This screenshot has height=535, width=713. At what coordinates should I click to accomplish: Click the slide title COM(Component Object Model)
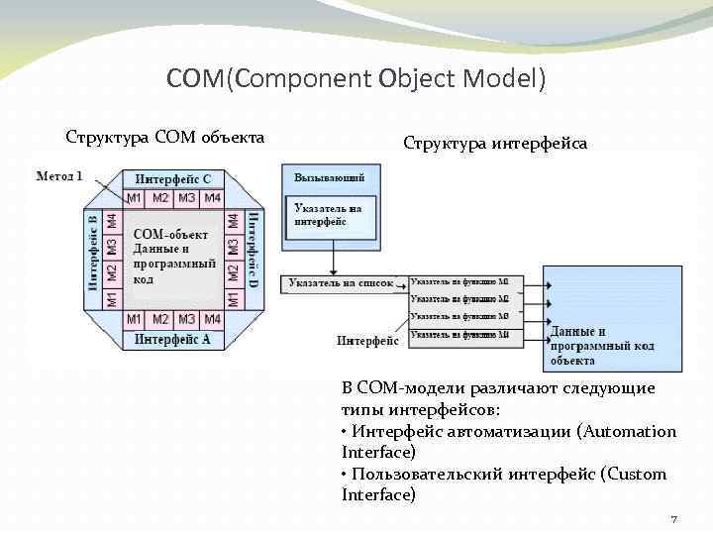[x=356, y=78]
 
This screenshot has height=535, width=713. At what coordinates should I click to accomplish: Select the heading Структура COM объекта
[x=164, y=137]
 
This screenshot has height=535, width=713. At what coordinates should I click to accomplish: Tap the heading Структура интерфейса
[x=494, y=143]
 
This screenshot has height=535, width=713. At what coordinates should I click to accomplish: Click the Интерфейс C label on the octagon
[x=173, y=179]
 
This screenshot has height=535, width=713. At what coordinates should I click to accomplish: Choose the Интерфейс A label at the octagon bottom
[x=173, y=339]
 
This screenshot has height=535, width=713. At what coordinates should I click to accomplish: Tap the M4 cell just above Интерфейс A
[x=212, y=320]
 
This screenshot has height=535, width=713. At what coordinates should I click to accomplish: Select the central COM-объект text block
[x=174, y=258]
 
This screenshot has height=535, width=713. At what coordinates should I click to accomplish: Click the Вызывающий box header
[x=329, y=177]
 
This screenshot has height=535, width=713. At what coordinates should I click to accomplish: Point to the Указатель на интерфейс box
[x=329, y=216]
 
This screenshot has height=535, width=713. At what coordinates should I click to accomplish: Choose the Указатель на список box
[x=341, y=283]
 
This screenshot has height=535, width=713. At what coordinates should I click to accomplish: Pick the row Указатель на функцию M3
[x=459, y=317]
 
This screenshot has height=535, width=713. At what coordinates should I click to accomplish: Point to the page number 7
[x=673, y=519]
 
